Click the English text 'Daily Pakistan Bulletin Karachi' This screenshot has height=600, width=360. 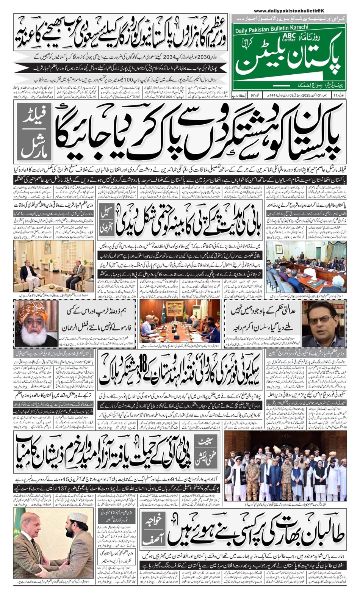click(x=272, y=28)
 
